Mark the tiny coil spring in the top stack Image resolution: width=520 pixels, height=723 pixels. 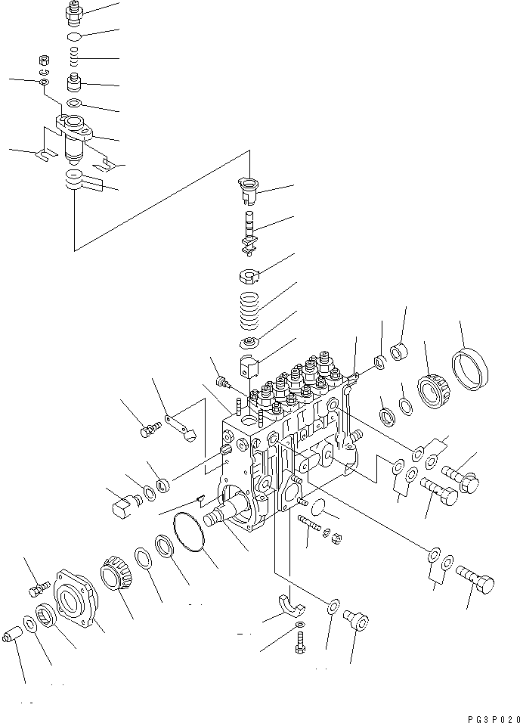73,57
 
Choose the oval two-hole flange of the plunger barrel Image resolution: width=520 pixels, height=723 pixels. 73,126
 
